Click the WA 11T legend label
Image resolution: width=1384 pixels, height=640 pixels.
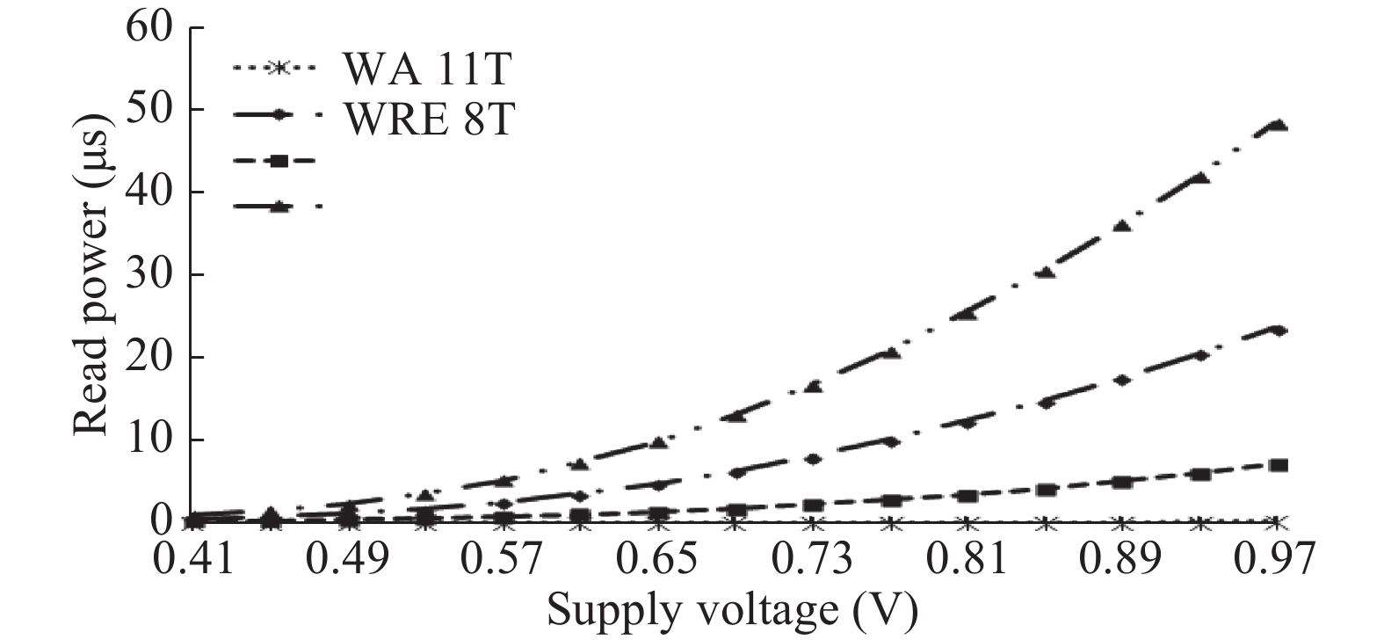click(x=426, y=69)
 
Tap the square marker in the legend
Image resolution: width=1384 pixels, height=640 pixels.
click(x=278, y=161)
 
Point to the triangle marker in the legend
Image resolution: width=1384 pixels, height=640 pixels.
click(x=278, y=207)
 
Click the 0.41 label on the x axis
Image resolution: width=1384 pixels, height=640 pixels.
click(x=195, y=558)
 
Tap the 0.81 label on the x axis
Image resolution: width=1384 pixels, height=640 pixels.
click(x=967, y=558)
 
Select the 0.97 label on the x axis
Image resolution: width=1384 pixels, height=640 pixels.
click(x=1274, y=558)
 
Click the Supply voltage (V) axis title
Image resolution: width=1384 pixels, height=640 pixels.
click(x=732, y=609)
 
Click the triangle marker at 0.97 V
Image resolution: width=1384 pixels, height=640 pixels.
click(x=1279, y=125)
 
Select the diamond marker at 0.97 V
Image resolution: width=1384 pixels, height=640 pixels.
click(x=1279, y=331)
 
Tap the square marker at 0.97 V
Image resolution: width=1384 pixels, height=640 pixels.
click(x=1279, y=465)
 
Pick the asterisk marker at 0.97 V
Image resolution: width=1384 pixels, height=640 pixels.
click(x=1279, y=522)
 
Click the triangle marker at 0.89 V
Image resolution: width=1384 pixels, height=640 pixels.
click(x=1122, y=226)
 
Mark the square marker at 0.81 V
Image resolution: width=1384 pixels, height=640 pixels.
click(x=967, y=497)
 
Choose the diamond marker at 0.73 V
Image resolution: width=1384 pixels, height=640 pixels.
click(x=814, y=459)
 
